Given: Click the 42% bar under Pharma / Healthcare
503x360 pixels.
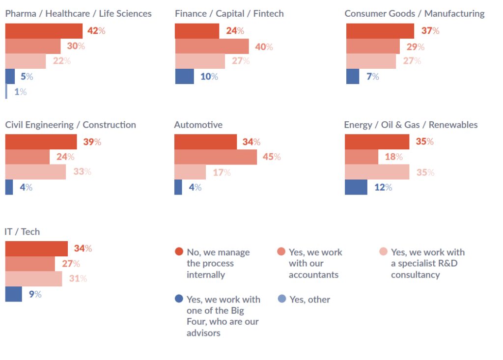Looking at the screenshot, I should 44,31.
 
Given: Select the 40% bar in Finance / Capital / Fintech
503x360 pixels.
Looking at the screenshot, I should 212,46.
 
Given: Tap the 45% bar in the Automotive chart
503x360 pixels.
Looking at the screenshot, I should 215,157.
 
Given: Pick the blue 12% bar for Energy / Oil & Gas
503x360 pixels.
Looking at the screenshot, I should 356,187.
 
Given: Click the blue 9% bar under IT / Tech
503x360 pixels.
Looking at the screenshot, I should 13,294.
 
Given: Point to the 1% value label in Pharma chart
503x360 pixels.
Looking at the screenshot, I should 20,92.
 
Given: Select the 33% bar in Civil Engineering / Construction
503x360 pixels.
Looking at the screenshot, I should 35,172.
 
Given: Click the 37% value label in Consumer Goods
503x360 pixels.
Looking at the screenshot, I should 430,31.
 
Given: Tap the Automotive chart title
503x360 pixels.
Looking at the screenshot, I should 198,125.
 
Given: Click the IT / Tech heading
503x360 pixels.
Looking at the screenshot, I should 22,231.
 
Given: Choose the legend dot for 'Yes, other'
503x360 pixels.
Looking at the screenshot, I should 281,299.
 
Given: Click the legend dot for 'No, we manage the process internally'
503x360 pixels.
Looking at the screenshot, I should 179,252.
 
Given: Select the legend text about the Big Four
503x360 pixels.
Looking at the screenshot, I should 223,316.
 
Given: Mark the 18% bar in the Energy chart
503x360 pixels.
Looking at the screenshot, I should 362,157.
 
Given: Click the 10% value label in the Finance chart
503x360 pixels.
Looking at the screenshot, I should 209,77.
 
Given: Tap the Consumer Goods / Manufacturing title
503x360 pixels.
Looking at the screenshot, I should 414,14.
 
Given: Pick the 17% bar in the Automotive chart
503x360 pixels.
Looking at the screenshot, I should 190,172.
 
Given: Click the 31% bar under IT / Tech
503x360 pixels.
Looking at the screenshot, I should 33,278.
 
